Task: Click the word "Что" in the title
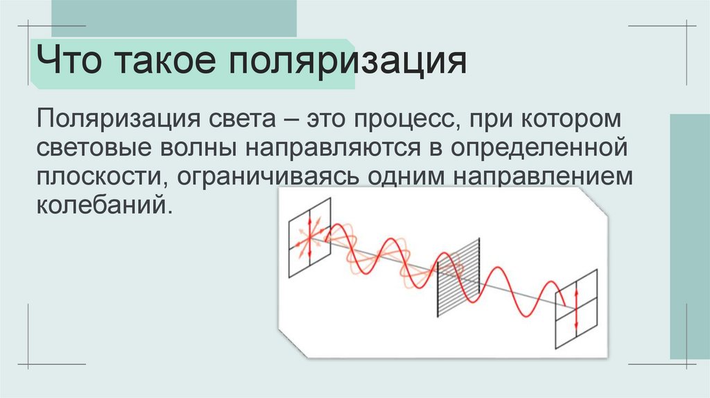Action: pos(69,63)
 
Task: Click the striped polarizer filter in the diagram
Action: pos(458,278)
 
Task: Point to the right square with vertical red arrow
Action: pos(576,311)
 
